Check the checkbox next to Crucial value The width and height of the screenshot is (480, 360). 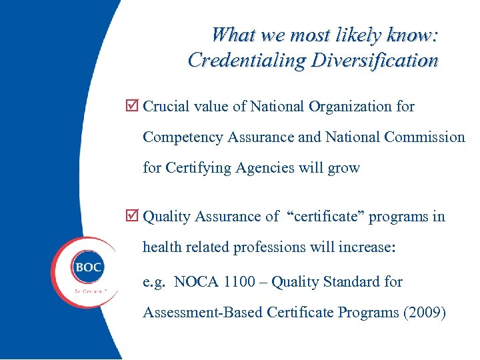click(x=132, y=106)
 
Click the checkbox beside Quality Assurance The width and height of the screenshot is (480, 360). click(x=132, y=216)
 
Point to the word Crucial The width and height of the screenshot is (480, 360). click(x=166, y=106)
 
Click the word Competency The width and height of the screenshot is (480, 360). click(x=183, y=137)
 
